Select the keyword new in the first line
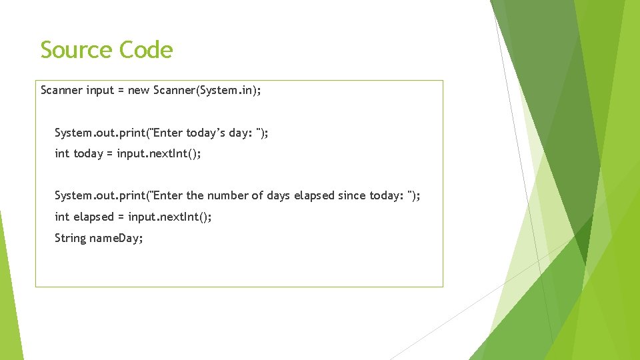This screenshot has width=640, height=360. click(139, 90)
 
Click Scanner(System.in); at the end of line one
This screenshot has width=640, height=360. click(207, 90)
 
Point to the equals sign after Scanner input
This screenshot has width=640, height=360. click(121, 90)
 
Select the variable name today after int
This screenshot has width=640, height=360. click(88, 154)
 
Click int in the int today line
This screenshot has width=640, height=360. click(62, 154)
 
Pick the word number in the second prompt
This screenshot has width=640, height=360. click(227, 195)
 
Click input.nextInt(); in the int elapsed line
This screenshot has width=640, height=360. click(170, 217)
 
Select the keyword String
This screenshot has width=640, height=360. click(71, 238)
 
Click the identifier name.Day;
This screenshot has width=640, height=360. click(117, 238)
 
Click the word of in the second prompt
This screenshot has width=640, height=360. click(257, 195)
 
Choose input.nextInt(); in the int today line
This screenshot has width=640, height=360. click(159, 154)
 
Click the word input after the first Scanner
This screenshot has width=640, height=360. click(100, 90)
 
